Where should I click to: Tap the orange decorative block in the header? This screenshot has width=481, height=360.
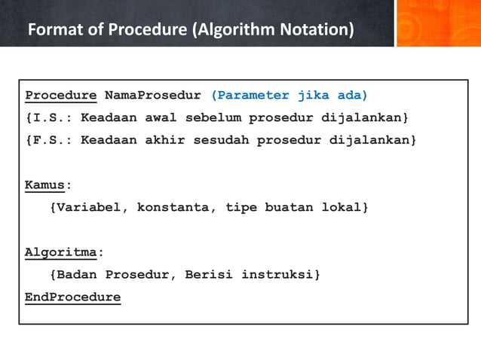438,23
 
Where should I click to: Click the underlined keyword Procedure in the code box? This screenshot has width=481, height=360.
60,96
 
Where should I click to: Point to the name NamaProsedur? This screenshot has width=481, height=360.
153,96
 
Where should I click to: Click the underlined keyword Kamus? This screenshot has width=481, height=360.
44,185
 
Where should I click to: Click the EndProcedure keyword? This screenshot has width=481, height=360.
72,297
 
